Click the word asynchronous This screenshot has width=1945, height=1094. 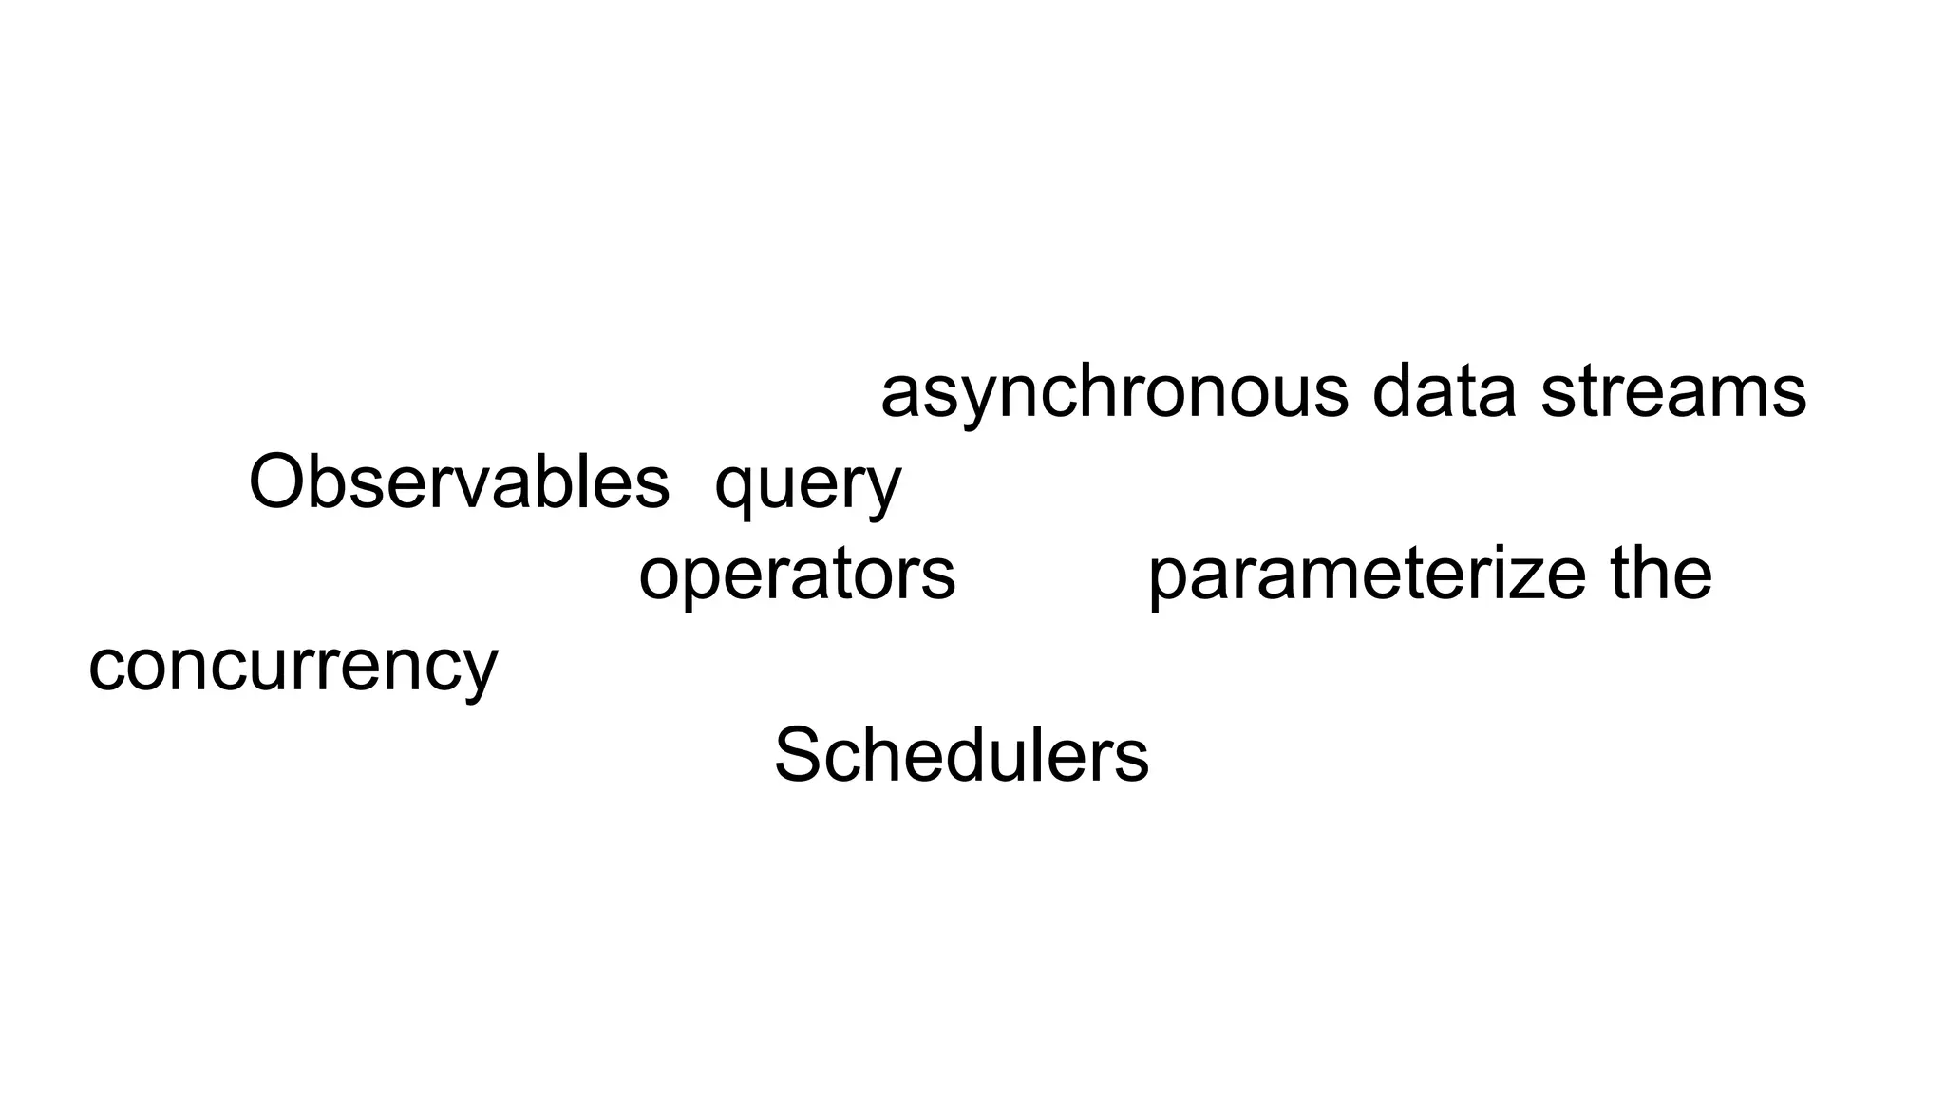coord(1114,393)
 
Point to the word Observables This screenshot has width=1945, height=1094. coord(459,481)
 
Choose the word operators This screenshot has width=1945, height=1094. coord(797,575)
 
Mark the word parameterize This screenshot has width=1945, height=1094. coord(1366,575)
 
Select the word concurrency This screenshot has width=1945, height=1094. coord(293,667)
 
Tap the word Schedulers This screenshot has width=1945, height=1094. coord(961,756)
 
